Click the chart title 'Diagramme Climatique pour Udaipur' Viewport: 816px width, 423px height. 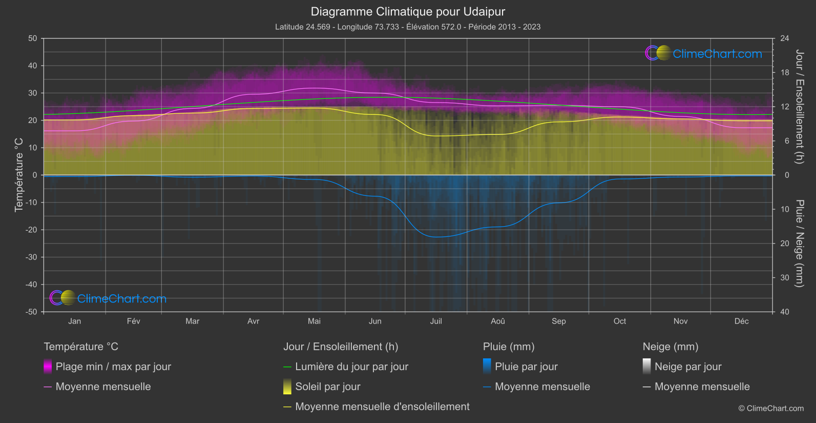click(x=408, y=11)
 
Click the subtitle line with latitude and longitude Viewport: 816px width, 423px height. click(x=408, y=27)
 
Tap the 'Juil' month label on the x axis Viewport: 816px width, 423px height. click(x=436, y=321)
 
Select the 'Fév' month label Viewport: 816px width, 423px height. click(x=134, y=321)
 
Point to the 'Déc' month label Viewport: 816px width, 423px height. click(x=741, y=321)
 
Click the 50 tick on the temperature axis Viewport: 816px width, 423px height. click(x=33, y=38)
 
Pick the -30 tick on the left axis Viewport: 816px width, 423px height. click(x=31, y=257)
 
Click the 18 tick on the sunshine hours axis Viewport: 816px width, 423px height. click(x=785, y=73)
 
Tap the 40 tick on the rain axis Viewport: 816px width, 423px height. click(x=785, y=312)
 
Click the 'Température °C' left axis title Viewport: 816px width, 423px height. click(x=19, y=175)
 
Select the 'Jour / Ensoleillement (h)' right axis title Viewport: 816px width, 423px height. click(x=799, y=107)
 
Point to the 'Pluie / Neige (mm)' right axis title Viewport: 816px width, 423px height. click(x=799, y=244)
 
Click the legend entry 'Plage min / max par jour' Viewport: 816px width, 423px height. click(x=113, y=367)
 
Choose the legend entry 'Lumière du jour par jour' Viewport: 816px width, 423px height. click(x=351, y=367)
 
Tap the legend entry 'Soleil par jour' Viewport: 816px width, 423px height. click(x=328, y=387)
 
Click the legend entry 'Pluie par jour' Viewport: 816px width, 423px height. click(x=526, y=367)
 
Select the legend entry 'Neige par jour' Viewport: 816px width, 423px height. click(x=688, y=367)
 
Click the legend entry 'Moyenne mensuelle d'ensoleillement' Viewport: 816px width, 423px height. click(x=382, y=407)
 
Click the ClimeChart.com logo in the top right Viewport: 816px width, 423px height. click(x=704, y=53)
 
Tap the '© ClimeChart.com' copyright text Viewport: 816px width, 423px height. click(x=771, y=409)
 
